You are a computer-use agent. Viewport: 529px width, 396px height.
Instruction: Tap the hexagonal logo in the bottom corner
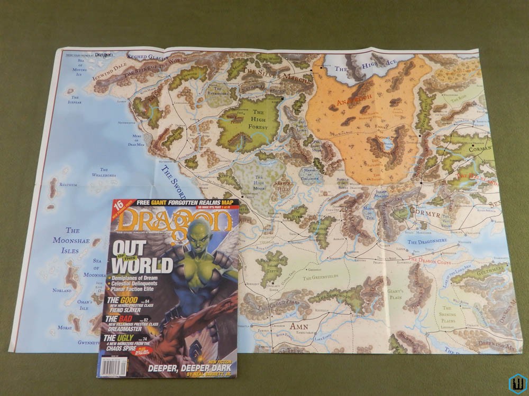(x=516, y=383)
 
